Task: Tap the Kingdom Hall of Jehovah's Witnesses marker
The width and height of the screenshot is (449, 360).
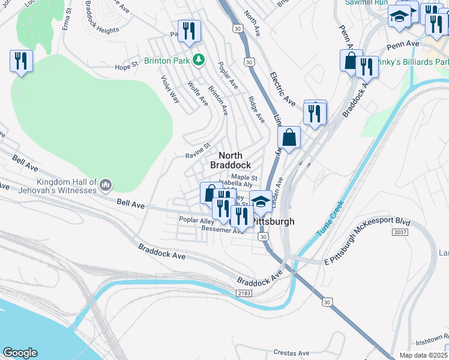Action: [106, 184]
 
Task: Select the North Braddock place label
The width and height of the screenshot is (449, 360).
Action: [230, 160]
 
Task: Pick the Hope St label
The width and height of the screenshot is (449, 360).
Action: [127, 67]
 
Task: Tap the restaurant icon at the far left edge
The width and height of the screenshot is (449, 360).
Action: [21, 61]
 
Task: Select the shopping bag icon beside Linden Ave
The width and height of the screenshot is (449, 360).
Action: [289, 137]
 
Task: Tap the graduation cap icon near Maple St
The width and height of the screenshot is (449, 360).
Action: [261, 201]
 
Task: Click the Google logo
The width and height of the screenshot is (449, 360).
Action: [20, 352]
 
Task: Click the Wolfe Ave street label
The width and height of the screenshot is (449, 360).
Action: [197, 94]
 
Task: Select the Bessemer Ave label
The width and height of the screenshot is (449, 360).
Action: [222, 230]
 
